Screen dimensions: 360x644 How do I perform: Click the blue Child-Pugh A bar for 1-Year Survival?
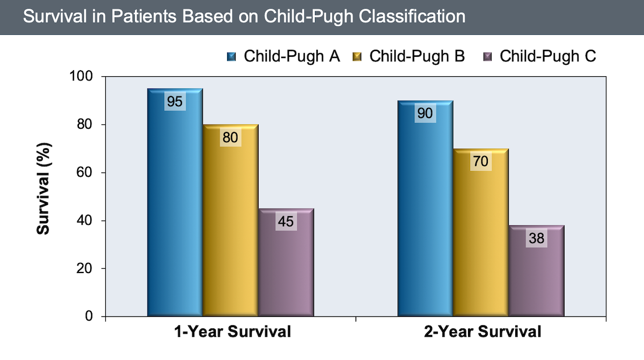[175, 215]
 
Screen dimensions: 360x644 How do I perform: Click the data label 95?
[174, 101]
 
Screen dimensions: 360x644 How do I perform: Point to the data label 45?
[286, 221]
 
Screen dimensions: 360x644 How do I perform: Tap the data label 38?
[536, 238]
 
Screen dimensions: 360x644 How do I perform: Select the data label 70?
[481, 161]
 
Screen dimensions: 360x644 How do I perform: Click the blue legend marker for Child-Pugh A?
[232, 56]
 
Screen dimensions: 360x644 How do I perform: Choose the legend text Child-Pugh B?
[417, 56]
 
